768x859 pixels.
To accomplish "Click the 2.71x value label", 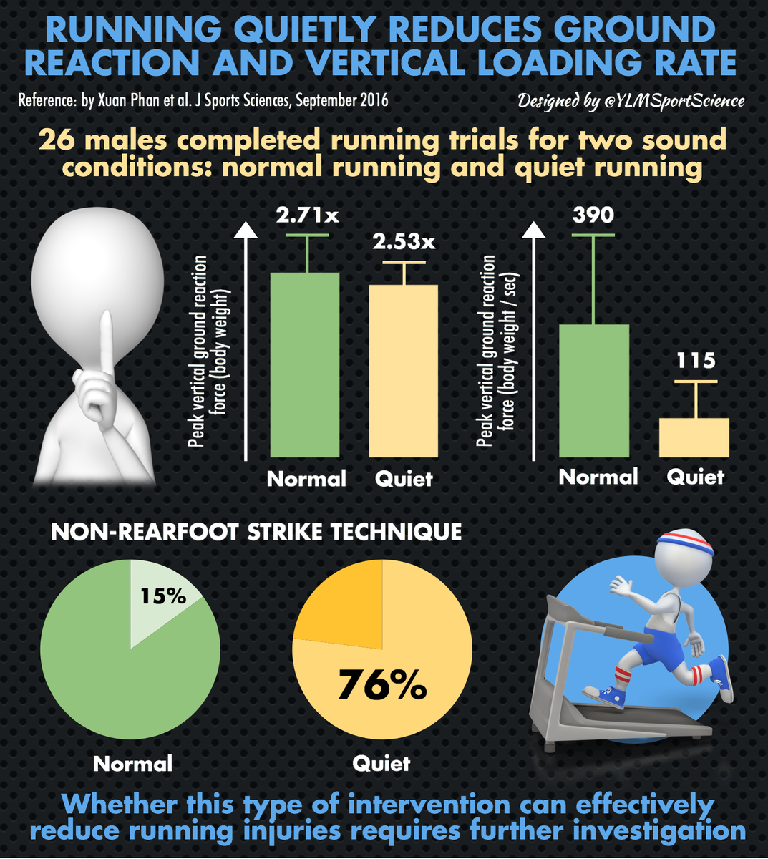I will pyautogui.click(x=307, y=215).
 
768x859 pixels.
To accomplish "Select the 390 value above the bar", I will pyautogui.click(x=593, y=214).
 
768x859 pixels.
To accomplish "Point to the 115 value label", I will pyautogui.click(x=696, y=360).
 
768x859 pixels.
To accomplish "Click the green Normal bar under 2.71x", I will pyautogui.click(x=305, y=365).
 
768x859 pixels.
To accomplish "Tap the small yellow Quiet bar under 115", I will pyautogui.click(x=694, y=437).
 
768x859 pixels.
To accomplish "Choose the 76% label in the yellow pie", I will pyautogui.click(x=382, y=685).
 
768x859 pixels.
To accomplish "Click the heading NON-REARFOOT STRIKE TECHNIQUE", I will pyautogui.click(x=256, y=532).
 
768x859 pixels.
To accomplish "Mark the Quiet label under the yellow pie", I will pyautogui.click(x=381, y=763).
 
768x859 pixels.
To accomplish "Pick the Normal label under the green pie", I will pyautogui.click(x=133, y=763).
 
